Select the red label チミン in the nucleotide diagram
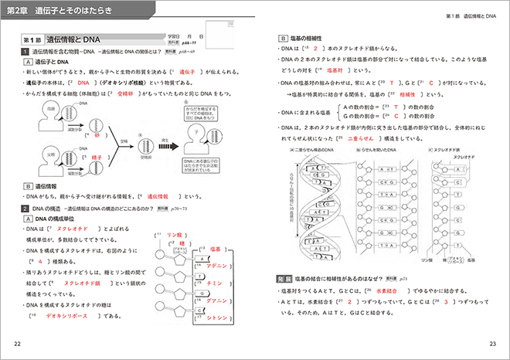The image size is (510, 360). (x=216, y=284)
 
